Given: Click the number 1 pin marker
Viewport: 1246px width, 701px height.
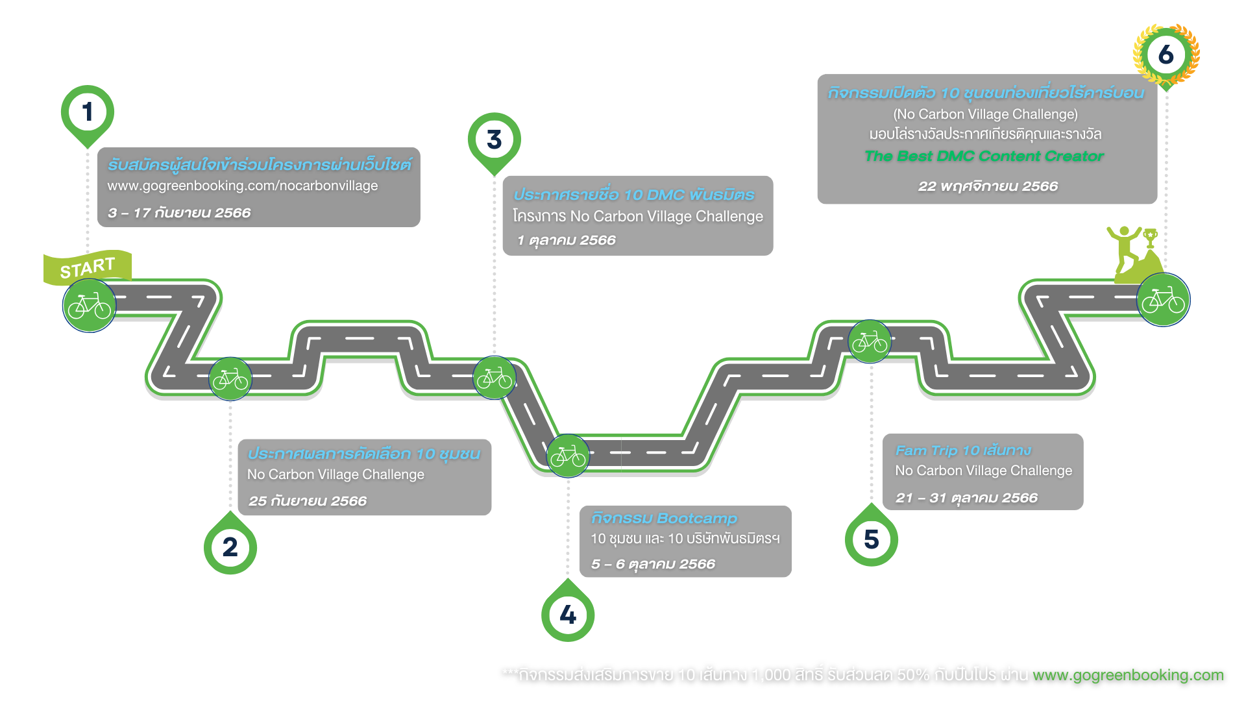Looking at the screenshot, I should (88, 112).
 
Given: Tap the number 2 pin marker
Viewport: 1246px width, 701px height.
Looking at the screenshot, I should (230, 547).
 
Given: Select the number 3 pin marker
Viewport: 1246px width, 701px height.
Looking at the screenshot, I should (494, 140).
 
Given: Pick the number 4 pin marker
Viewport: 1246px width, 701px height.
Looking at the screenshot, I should (568, 614).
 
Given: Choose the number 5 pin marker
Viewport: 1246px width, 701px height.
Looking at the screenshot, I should (871, 539).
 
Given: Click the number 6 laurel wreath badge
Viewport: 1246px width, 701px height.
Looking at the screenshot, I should (1166, 55).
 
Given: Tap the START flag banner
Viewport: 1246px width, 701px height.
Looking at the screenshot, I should (88, 267).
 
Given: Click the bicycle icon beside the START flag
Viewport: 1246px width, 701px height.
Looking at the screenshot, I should (89, 306).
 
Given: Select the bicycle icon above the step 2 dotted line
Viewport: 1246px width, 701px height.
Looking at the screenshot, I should (230, 379).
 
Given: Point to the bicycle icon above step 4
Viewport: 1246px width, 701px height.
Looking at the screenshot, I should (568, 456).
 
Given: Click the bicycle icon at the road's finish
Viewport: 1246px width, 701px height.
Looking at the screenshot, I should (1163, 300).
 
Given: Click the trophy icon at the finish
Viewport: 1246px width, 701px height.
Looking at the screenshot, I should (1151, 238).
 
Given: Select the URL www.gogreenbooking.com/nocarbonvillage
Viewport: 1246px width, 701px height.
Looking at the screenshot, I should (242, 186).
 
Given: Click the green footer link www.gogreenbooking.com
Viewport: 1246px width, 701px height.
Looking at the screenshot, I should (1128, 675).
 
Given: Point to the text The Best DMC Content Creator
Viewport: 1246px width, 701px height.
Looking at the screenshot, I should (984, 156).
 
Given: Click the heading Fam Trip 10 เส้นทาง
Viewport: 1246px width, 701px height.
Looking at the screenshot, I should (962, 450).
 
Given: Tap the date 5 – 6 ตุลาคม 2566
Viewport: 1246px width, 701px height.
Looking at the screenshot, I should (653, 564).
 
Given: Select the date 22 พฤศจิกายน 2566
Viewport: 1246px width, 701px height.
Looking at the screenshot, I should (988, 186).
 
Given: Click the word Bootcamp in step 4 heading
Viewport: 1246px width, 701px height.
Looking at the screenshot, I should (697, 519).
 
